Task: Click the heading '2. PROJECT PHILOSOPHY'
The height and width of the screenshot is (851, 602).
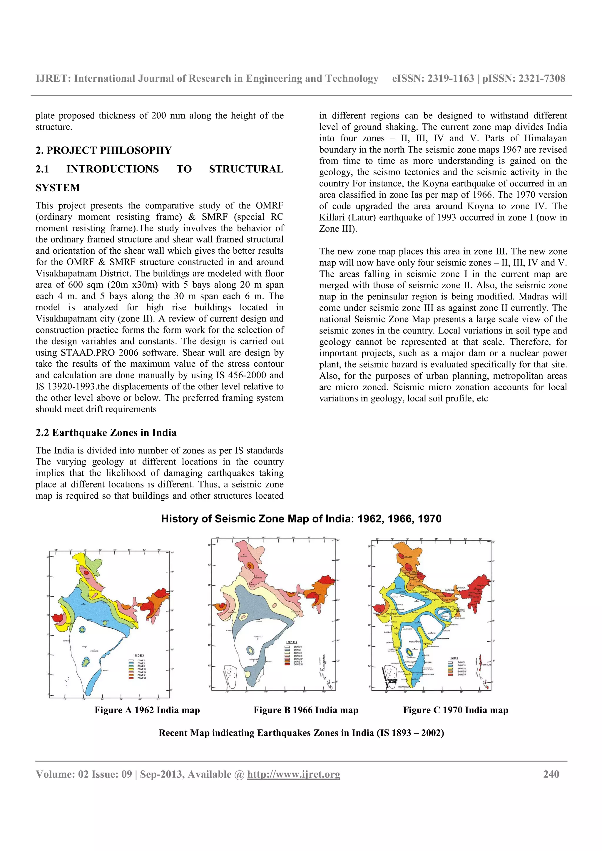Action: pos(103,150)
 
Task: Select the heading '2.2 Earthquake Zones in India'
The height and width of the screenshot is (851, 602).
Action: pos(106,433)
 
